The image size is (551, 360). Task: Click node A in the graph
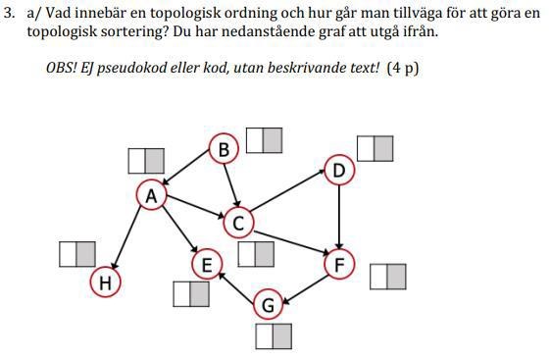(151, 195)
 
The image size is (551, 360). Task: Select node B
(224, 149)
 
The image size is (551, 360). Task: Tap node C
(238, 224)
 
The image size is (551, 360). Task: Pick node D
(339, 171)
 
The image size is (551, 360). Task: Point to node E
(207, 264)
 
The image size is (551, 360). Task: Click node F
(339, 264)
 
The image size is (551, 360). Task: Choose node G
(268, 306)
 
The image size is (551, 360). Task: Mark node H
(105, 283)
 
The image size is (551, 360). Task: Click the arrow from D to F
(339, 217)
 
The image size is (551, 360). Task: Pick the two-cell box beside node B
(264, 140)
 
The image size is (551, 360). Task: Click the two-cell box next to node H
(77, 253)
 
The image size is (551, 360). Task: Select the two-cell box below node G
(274, 336)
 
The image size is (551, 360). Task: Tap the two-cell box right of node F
(387, 277)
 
